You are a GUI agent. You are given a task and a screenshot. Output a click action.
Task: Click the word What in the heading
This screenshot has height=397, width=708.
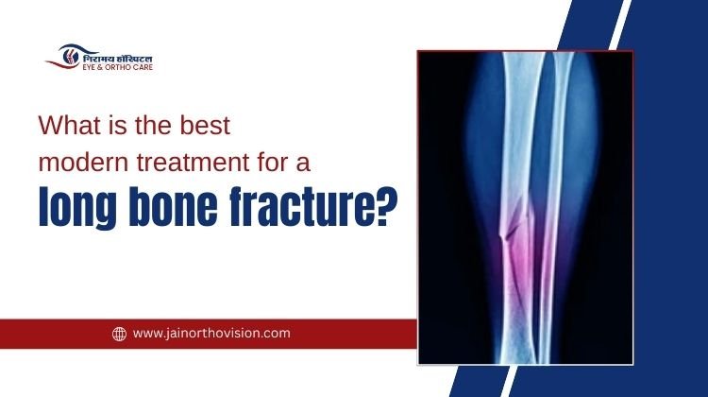(64, 124)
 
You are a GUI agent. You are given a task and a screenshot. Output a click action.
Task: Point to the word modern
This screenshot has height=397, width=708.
(77, 162)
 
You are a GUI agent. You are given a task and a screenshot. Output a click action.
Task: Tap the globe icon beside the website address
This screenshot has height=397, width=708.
(119, 334)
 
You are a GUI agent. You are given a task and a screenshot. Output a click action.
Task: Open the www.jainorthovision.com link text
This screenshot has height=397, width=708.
(211, 334)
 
